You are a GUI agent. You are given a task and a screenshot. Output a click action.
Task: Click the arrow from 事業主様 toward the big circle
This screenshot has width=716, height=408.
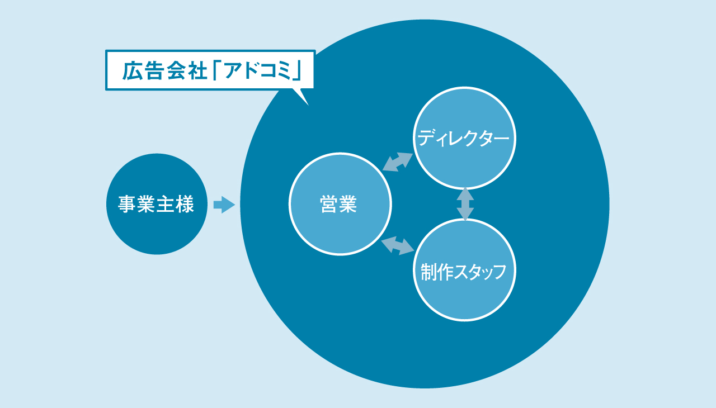pos(224,205)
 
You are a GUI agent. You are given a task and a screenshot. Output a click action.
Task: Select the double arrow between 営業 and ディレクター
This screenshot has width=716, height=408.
pos(398,162)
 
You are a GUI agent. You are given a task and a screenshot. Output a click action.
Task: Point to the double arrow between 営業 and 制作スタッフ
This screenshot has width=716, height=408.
pos(398,245)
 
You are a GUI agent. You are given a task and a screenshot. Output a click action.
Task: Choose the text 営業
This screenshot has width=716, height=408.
pos(338,205)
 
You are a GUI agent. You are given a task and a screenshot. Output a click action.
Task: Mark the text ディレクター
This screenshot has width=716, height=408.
pos(464,138)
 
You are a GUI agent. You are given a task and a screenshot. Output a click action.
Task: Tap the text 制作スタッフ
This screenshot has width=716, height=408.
pos(464,272)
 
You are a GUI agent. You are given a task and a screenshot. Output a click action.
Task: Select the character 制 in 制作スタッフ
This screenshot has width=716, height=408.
pos(428,272)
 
